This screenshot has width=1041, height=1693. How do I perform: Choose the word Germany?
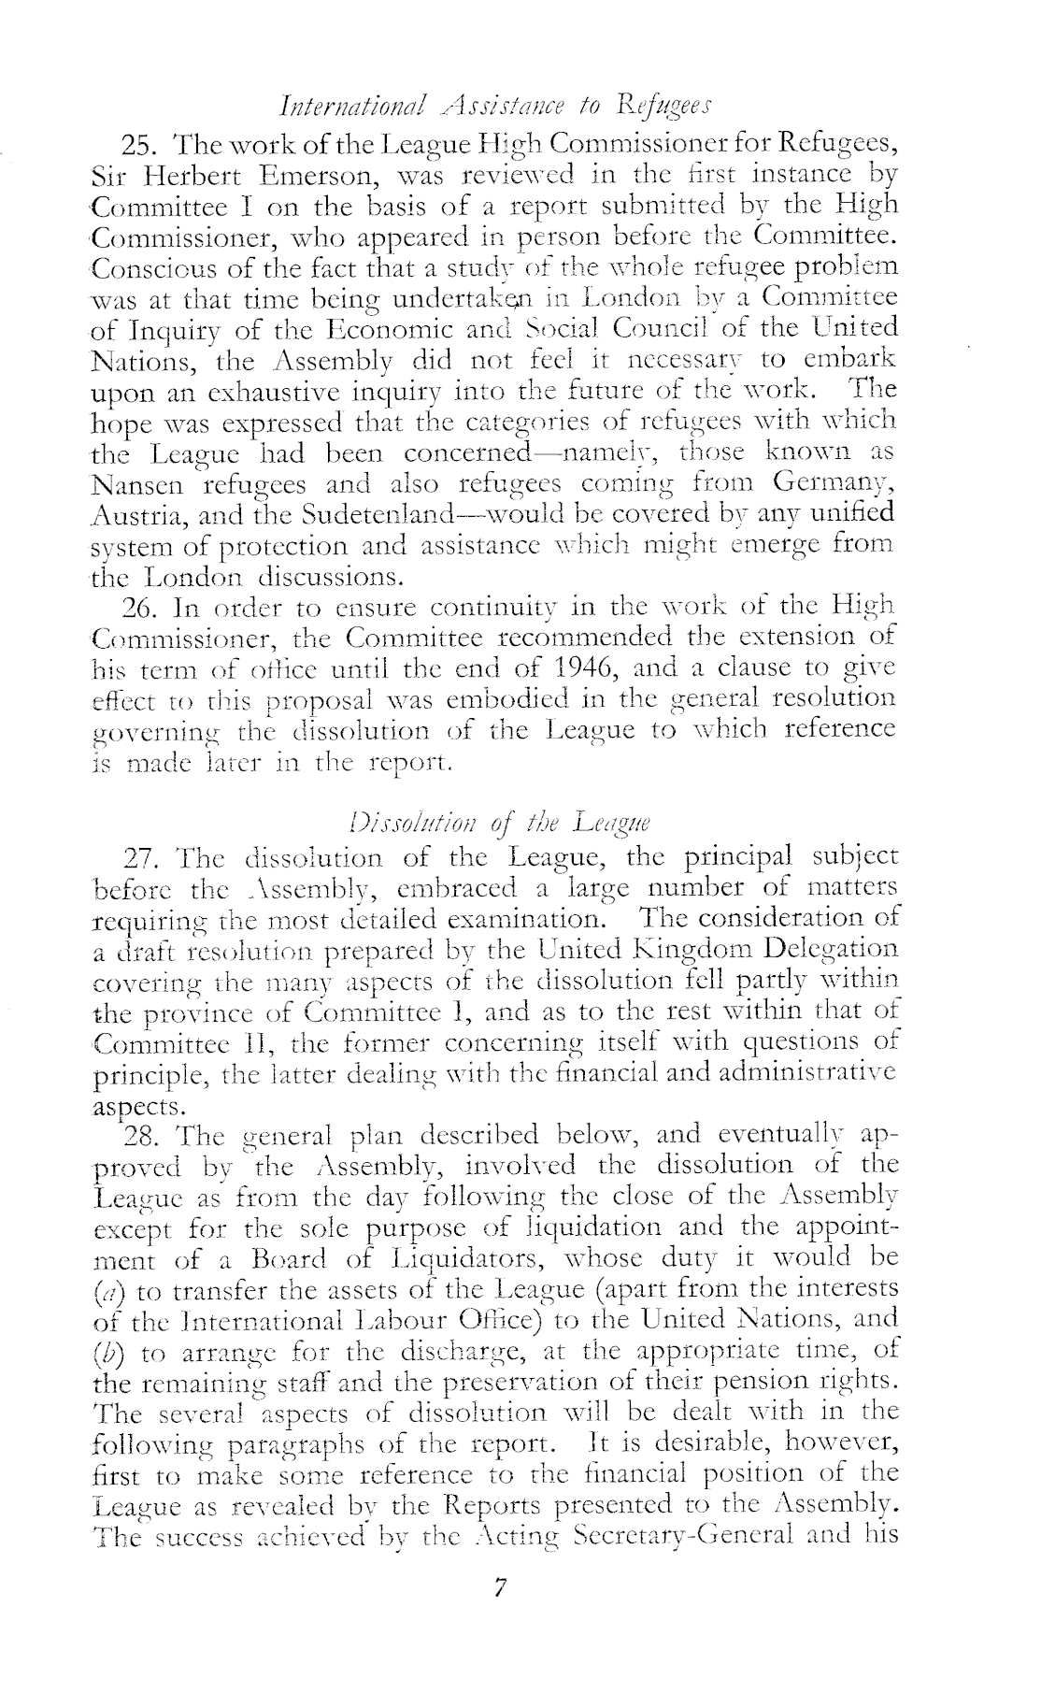pos(834,484)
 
